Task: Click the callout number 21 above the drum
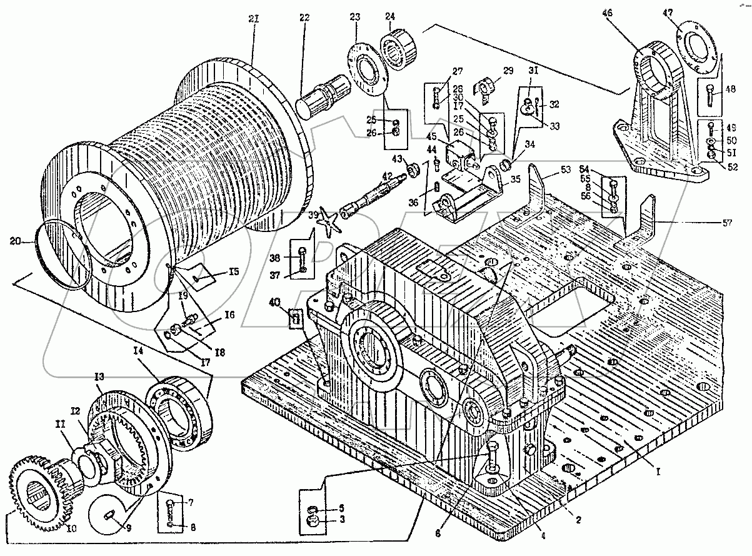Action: [x=253, y=19]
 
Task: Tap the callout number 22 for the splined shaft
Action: [x=304, y=18]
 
